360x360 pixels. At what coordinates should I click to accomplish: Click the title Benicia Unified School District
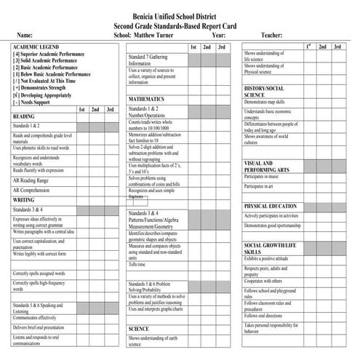[180, 15]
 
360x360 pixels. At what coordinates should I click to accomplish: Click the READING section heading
[23, 116]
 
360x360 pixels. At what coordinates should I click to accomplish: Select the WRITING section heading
[23, 199]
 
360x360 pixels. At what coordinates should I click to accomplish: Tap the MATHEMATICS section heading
[147, 98]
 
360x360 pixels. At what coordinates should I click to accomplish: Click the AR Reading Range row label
[31, 180]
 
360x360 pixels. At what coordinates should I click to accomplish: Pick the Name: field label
[25, 35]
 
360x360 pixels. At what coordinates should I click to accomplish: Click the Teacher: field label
[272, 35]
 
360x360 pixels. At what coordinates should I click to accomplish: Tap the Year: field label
[219, 35]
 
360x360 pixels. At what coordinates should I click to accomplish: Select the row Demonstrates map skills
[265, 103]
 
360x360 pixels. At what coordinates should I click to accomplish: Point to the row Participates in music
[261, 177]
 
